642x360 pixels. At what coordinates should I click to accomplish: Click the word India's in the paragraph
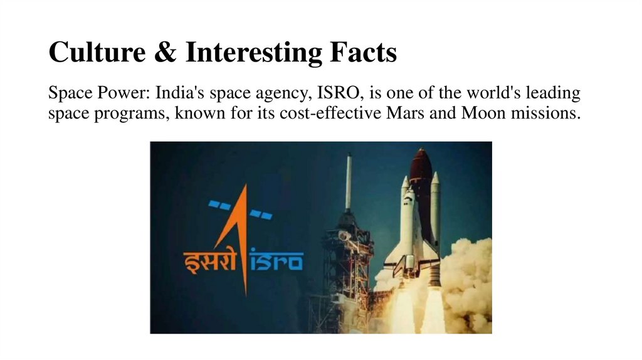coord(176,94)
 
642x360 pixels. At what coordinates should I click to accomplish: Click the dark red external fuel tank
coord(421,182)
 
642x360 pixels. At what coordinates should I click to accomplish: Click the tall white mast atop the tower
coord(349,182)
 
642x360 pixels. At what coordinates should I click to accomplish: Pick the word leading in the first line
coord(552,94)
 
